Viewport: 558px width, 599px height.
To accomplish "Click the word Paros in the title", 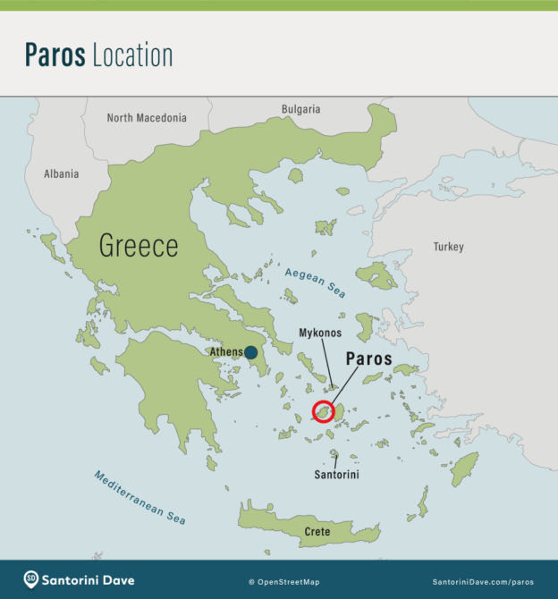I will [55, 55].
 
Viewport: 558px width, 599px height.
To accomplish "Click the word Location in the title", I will [132, 55].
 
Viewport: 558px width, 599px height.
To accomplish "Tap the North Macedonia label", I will [147, 118].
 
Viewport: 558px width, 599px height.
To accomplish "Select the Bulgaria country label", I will [300, 109].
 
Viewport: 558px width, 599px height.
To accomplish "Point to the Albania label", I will [62, 174].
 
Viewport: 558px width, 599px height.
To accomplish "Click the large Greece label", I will [139, 246].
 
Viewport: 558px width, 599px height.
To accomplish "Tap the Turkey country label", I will [449, 246].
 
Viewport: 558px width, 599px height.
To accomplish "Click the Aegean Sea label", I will [315, 283].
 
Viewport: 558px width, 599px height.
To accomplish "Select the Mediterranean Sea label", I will [139, 497].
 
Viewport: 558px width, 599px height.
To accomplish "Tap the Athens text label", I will [225, 352].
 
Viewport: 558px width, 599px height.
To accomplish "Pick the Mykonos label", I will [320, 333].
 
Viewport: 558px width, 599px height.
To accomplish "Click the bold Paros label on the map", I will [368, 359].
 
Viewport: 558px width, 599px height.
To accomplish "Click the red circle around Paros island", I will [323, 412].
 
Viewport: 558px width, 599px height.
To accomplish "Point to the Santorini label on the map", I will [336, 475].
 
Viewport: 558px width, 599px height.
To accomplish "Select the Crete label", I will [317, 532].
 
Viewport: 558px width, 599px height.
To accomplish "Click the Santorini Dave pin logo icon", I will [31, 580].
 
